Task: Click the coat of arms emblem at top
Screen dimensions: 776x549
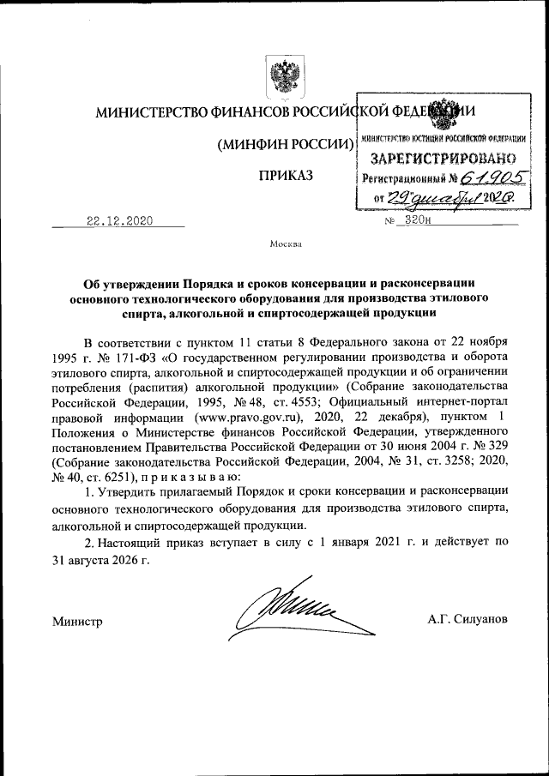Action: (280, 78)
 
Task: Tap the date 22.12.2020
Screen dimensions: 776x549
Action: (119, 221)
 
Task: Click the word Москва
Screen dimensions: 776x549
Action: (285, 244)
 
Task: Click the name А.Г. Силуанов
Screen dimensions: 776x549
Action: (467, 618)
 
